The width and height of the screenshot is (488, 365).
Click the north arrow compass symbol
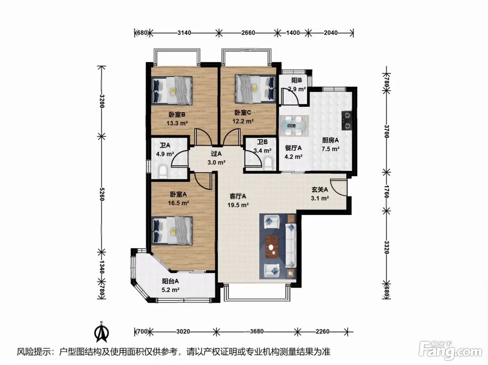pos(101,332)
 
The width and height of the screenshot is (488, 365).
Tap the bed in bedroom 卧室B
pos(172,90)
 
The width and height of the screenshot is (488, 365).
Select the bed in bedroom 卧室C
pos(256,89)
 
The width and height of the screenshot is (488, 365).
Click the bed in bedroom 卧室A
pos(172,231)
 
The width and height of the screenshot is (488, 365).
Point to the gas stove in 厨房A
pos(347,121)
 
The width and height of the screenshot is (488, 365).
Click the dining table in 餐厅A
pos(294,126)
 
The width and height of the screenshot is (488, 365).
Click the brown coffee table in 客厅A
pos(272,245)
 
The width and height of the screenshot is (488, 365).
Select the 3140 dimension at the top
pos(184,33)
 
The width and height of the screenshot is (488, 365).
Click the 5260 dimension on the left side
pos(102,194)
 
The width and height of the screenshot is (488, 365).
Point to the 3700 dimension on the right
pos(387,131)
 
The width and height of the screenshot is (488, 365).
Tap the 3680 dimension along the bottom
pos(257,332)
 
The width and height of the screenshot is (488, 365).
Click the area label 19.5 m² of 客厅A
pos(238,205)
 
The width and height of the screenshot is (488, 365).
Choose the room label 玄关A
pos(320,189)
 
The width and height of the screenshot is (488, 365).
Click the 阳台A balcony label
pos(170,281)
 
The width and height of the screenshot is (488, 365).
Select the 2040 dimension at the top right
pos(330,33)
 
